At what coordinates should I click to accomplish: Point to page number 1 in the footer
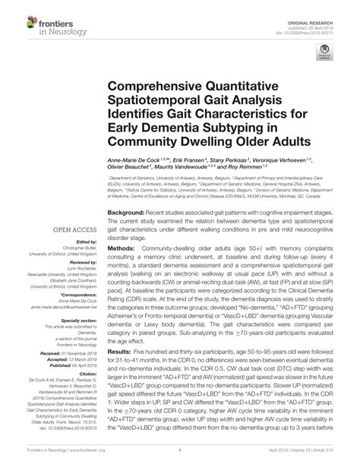tap(180, 460)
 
